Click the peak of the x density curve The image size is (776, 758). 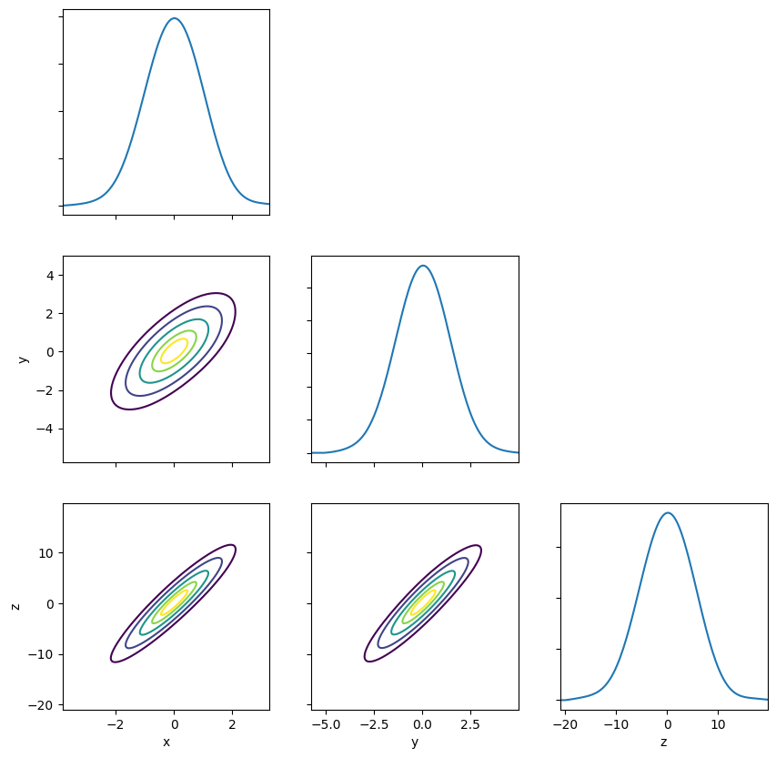pyautogui.click(x=174, y=18)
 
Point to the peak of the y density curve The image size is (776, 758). pyautogui.click(x=423, y=266)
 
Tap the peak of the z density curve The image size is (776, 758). pyautogui.click(x=668, y=513)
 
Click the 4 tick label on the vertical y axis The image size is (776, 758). pyautogui.click(x=50, y=276)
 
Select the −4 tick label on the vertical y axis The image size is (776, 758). pyautogui.click(x=45, y=429)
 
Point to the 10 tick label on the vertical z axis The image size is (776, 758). pyautogui.click(x=46, y=553)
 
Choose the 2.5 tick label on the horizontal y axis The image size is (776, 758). pyautogui.click(x=470, y=725)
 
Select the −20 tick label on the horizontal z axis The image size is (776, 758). pyautogui.click(x=565, y=725)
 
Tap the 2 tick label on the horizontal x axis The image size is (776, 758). pyautogui.click(x=233, y=725)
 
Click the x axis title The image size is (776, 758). pyautogui.click(x=166, y=743)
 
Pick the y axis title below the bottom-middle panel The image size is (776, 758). pyautogui.click(x=415, y=743)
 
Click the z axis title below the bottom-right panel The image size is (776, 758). pyautogui.click(x=664, y=743)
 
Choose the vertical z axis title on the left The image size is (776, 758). pyautogui.click(x=15, y=607)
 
